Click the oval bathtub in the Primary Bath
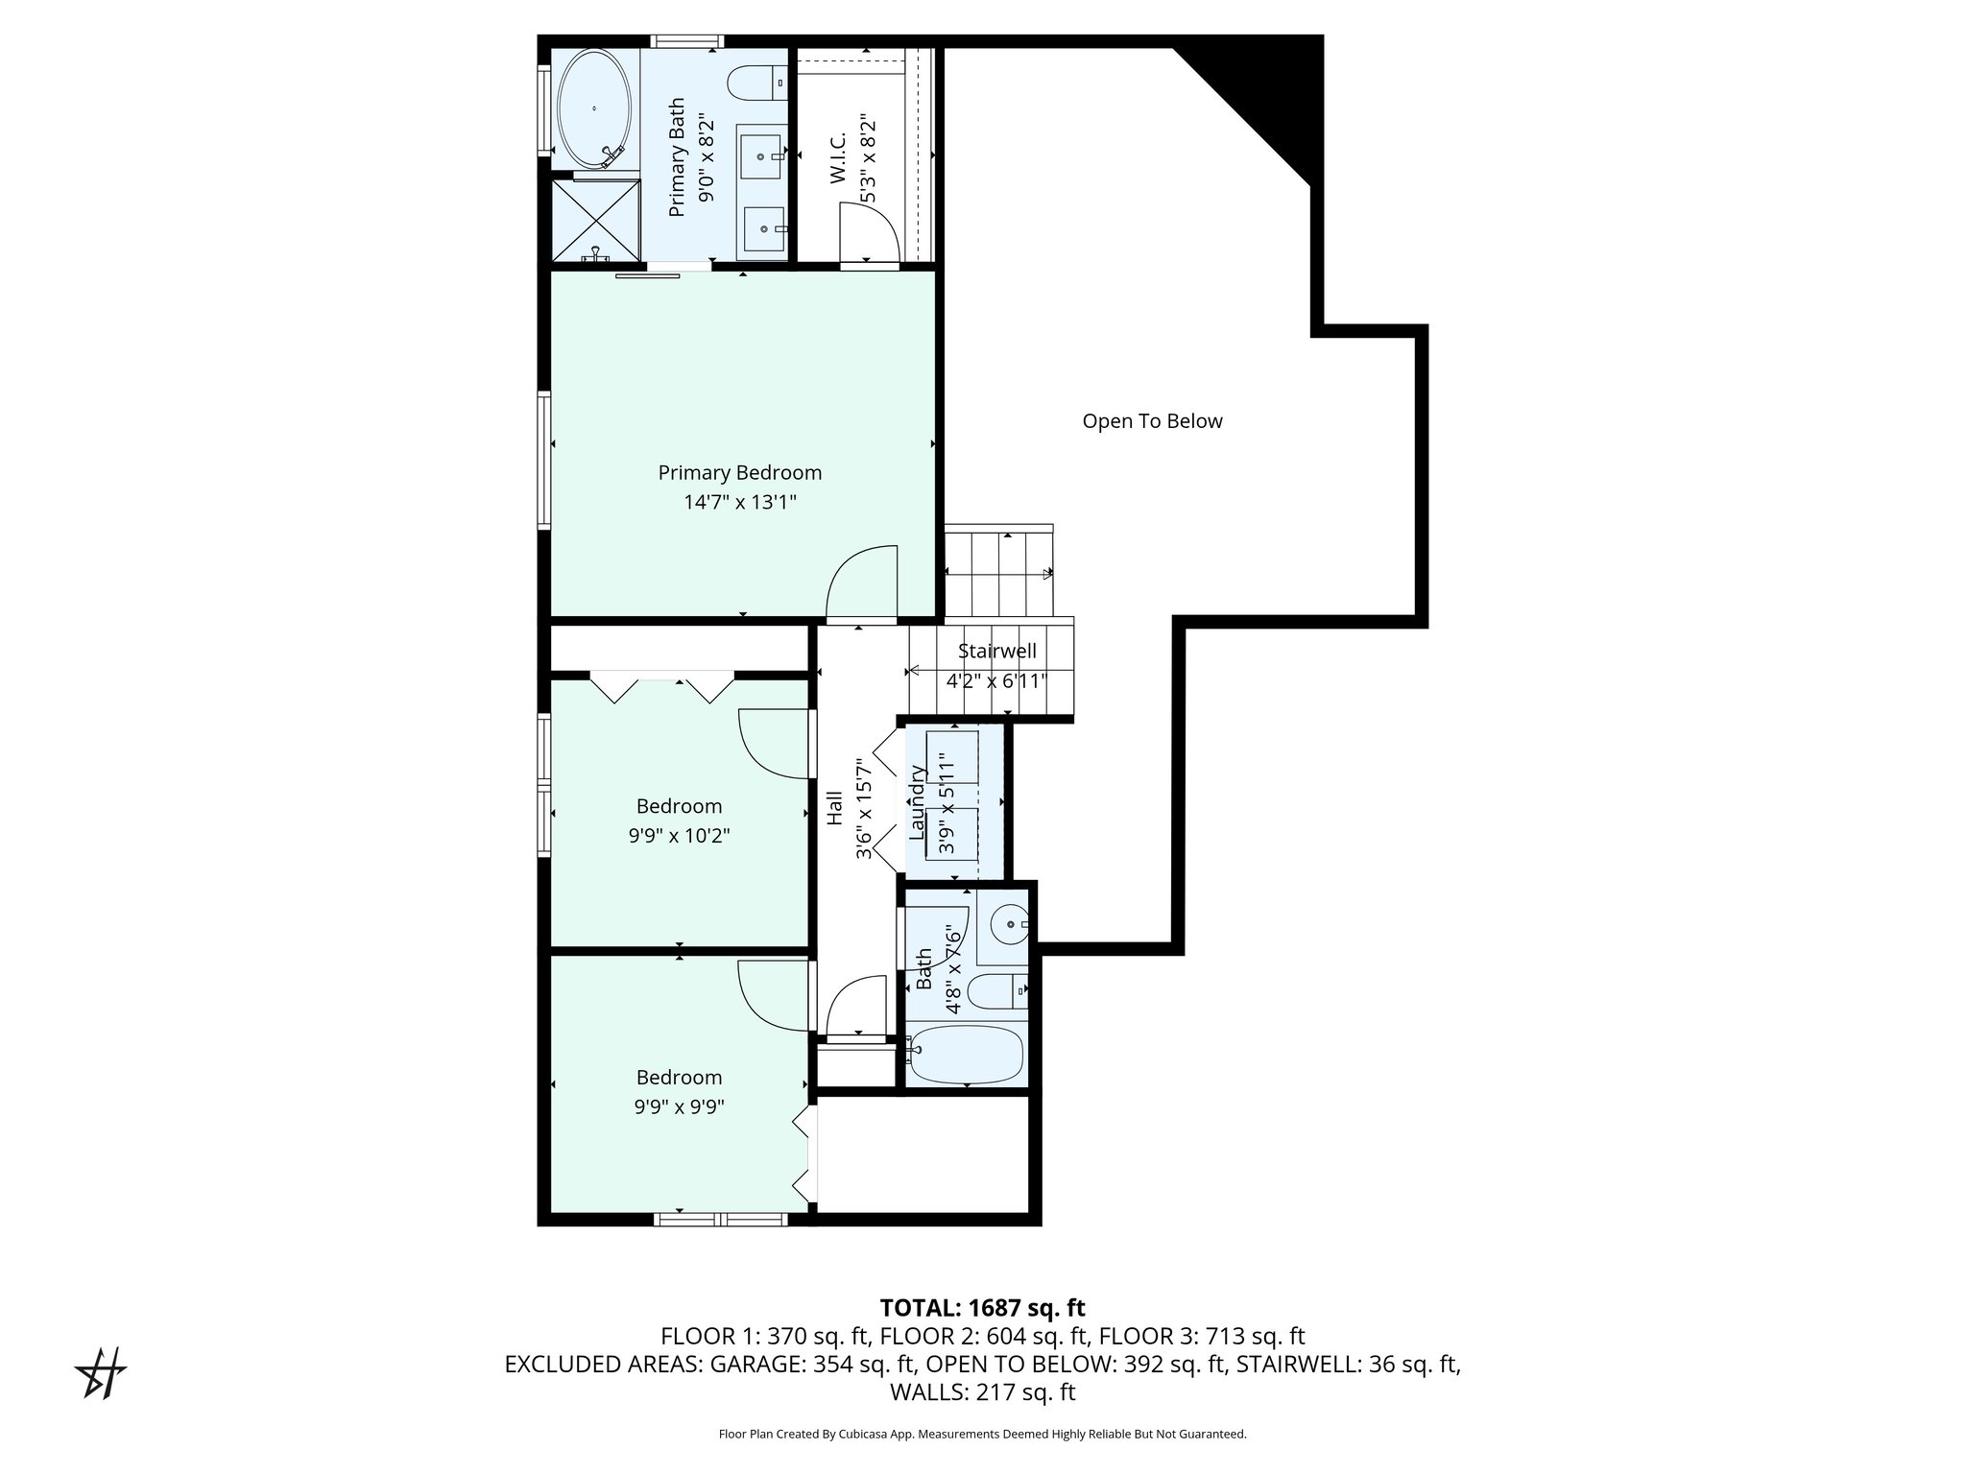pos(594,108)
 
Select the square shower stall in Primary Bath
pos(595,222)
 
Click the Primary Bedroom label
pos(739,473)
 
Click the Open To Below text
pos(1152,421)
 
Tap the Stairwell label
pos(997,652)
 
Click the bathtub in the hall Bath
pos(966,1055)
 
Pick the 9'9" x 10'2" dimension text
pos(679,836)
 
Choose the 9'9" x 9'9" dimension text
pos(679,1106)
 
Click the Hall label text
pos(835,808)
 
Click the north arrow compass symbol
pos(102,1373)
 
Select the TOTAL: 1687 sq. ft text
pos(982,1308)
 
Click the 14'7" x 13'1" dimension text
pos(739,502)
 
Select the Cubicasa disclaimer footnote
pos(982,1435)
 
